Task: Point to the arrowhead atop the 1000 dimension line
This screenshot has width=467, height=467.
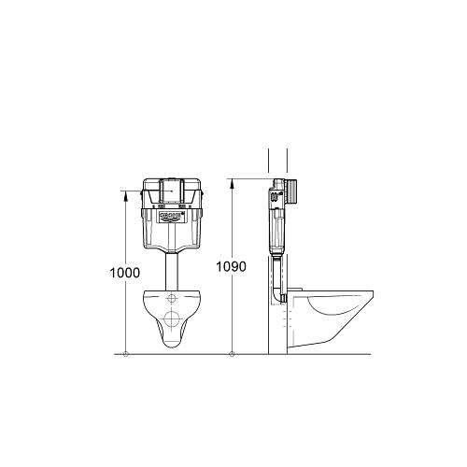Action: pyautogui.click(x=126, y=194)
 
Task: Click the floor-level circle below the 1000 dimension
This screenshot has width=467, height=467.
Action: pyautogui.click(x=126, y=354)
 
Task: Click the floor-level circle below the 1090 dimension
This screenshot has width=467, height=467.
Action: pyautogui.click(x=232, y=354)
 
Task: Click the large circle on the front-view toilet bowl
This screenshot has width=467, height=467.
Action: pyautogui.click(x=174, y=322)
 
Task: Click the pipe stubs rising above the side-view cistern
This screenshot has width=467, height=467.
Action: pyautogui.click(x=277, y=161)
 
